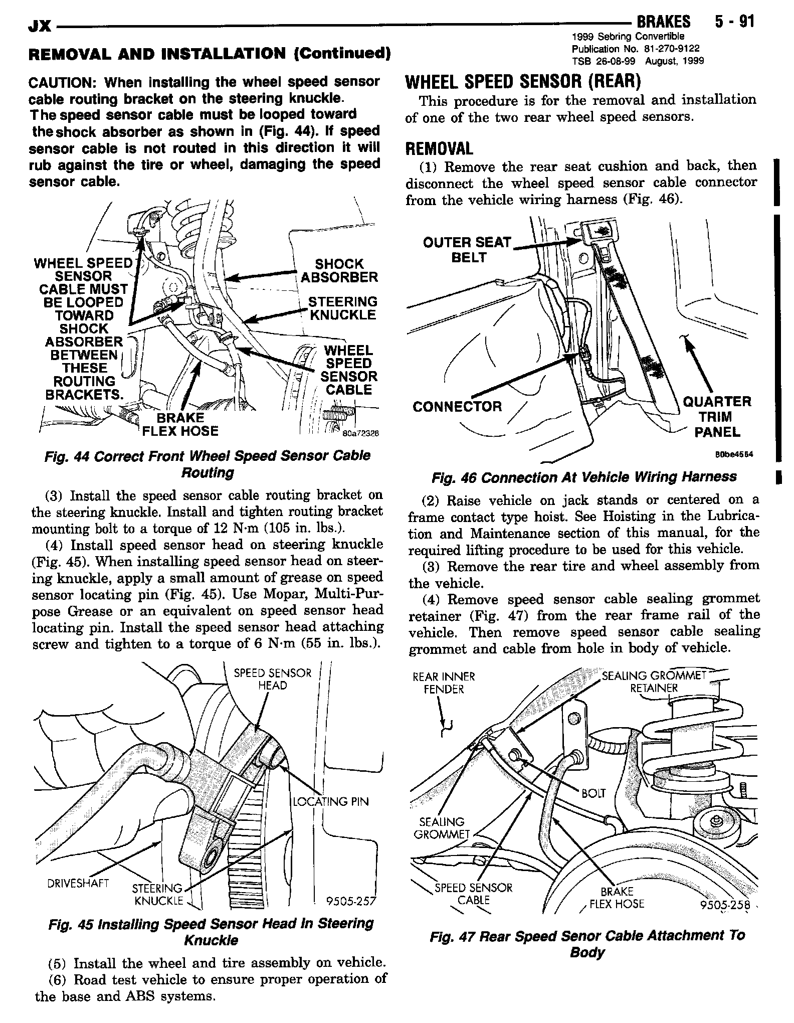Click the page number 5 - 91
pyautogui.click(x=731, y=22)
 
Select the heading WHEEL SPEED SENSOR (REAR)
pyautogui.click(x=523, y=81)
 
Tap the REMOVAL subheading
pyautogui.click(x=439, y=148)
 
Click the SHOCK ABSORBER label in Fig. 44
pyautogui.click(x=339, y=271)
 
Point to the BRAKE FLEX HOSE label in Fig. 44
pyautogui.click(x=180, y=425)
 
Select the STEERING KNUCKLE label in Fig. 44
pyautogui.click(x=342, y=308)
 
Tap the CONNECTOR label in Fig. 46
pyautogui.click(x=457, y=406)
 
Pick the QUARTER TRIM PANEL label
pyautogui.click(x=717, y=417)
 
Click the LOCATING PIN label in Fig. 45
pyautogui.click(x=331, y=801)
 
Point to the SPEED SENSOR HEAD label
pyautogui.click(x=273, y=679)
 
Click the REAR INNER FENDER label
pyautogui.click(x=444, y=683)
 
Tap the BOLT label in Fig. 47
pyautogui.click(x=593, y=793)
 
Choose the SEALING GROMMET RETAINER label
pyautogui.click(x=654, y=681)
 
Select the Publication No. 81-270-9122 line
pyautogui.click(x=636, y=49)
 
